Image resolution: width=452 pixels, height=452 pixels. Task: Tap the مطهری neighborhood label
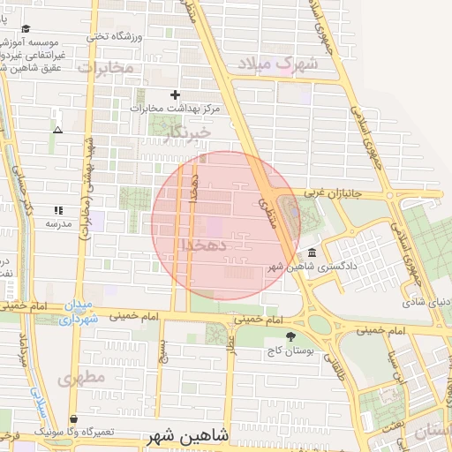tap(80, 379)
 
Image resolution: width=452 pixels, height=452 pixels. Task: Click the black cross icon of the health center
tap(175, 94)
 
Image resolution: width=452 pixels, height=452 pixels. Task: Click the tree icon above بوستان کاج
tap(291, 335)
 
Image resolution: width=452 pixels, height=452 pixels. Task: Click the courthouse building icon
tap(313, 252)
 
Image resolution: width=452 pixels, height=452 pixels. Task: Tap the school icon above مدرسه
tap(58, 210)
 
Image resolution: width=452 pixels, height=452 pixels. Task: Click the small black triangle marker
tap(57, 130)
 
